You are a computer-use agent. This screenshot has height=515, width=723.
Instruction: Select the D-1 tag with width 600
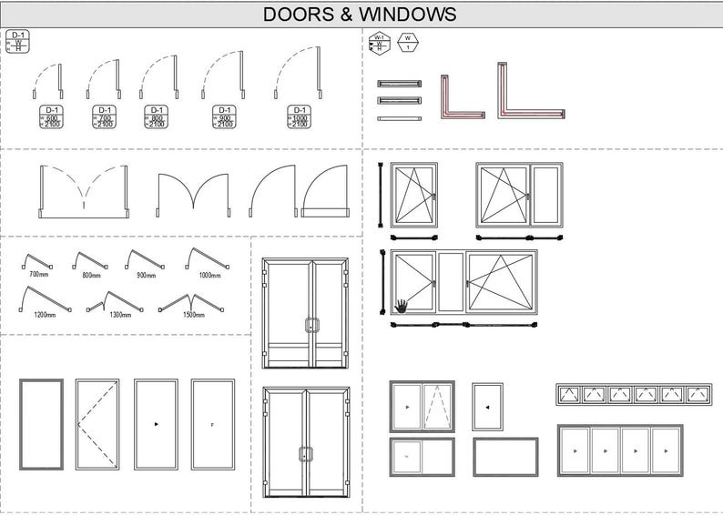(51, 116)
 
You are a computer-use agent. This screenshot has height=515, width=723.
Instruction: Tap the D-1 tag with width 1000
(299, 116)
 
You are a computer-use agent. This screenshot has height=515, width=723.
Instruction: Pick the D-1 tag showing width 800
(156, 116)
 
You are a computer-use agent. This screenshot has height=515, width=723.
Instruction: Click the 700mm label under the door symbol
(38, 274)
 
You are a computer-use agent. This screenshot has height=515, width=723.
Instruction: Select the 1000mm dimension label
(209, 274)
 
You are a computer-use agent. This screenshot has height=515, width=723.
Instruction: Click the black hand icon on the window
(402, 305)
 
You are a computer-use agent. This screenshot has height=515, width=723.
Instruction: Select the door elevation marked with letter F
(212, 424)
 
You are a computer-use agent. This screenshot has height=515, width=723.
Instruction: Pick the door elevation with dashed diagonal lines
(97, 424)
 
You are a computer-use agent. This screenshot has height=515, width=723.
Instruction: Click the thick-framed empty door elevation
(42, 424)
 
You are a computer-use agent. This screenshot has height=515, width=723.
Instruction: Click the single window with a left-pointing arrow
(487, 406)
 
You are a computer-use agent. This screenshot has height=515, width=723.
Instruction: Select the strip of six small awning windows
(634, 394)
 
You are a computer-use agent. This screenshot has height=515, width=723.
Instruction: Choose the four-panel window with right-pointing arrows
(619, 450)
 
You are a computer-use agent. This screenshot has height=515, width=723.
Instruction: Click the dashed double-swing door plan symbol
(83, 192)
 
